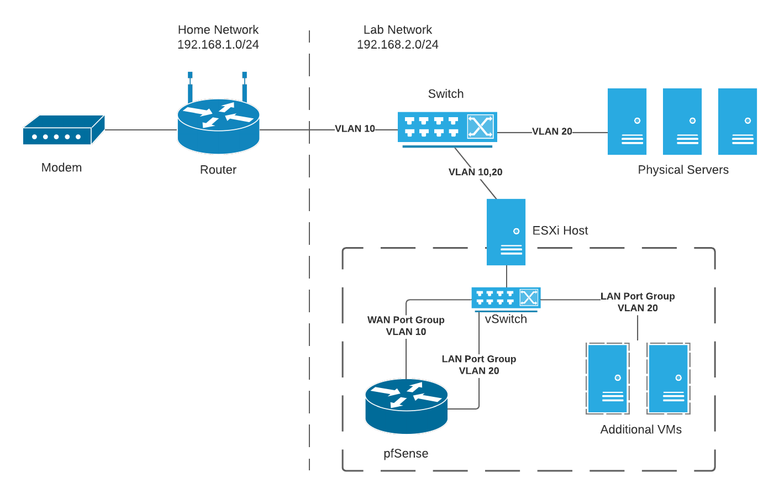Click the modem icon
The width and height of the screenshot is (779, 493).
click(x=63, y=130)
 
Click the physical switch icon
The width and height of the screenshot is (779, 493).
click(x=447, y=128)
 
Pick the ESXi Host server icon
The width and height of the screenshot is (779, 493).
click(x=506, y=232)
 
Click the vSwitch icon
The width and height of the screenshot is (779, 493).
click(x=506, y=298)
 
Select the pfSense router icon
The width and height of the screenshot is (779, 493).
click(x=406, y=406)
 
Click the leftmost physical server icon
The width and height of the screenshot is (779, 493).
click(x=627, y=122)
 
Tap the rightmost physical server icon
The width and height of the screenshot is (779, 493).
click(x=738, y=122)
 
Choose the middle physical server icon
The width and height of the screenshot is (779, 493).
click(x=682, y=122)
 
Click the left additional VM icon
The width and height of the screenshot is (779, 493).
click(x=608, y=379)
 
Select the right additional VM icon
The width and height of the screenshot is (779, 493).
click(x=669, y=379)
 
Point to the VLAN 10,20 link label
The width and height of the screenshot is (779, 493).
click(x=475, y=172)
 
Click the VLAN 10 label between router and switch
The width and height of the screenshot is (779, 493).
click(x=355, y=129)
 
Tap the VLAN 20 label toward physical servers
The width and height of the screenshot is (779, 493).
click(x=552, y=132)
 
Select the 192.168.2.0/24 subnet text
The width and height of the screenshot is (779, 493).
click(x=397, y=45)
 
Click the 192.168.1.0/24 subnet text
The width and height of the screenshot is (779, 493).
click(x=218, y=45)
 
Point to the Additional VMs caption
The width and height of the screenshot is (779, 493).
click(x=641, y=429)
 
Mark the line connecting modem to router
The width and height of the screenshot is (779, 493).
click(x=141, y=130)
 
